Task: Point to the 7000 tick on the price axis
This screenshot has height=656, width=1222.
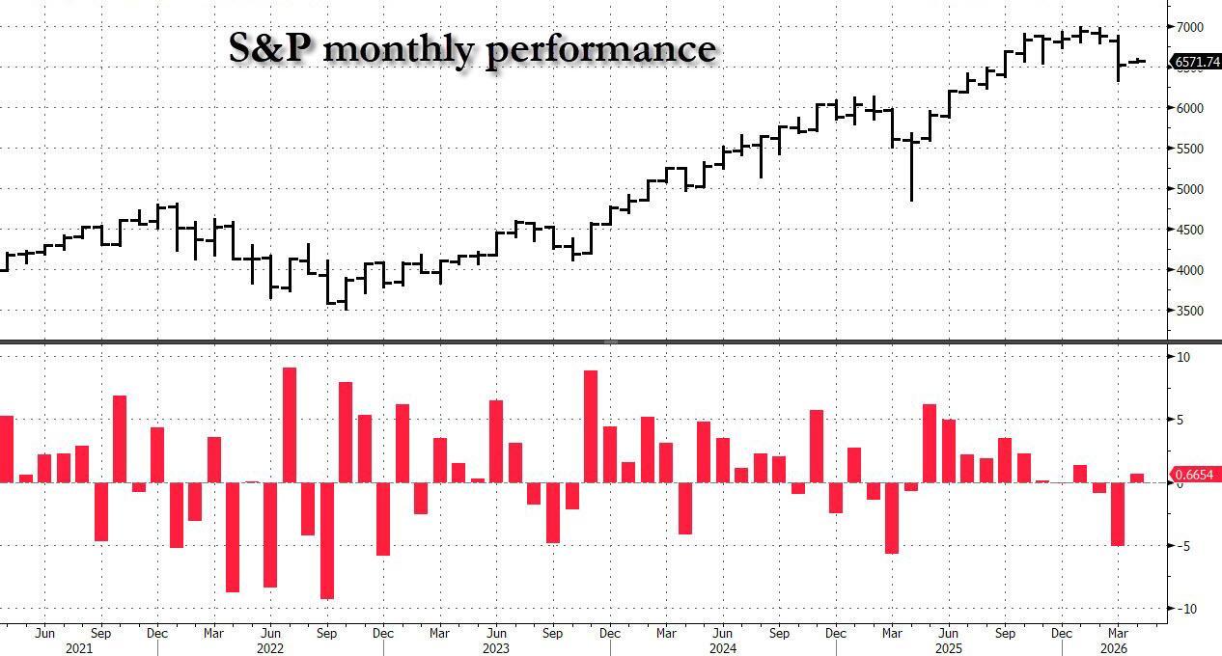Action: click(1188, 27)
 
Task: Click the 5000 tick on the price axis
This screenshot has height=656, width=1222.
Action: click(1188, 189)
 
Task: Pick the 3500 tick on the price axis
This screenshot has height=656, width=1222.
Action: click(1188, 311)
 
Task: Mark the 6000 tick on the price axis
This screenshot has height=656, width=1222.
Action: click(1188, 108)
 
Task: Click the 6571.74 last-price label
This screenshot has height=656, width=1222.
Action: click(1196, 62)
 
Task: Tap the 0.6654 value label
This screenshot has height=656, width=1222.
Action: click(1196, 475)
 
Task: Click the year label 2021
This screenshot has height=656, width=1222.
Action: click(78, 648)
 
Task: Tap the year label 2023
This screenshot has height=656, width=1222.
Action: click(495, 648)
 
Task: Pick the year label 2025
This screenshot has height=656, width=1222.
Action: click(948, 648)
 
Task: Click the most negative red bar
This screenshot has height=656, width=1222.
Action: click(326, 540)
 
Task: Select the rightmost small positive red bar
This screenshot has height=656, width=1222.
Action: click(1137, 478)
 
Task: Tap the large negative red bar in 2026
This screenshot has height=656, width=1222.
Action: click(1118, 513)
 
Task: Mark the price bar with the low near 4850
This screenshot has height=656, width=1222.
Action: click(911, 169)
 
